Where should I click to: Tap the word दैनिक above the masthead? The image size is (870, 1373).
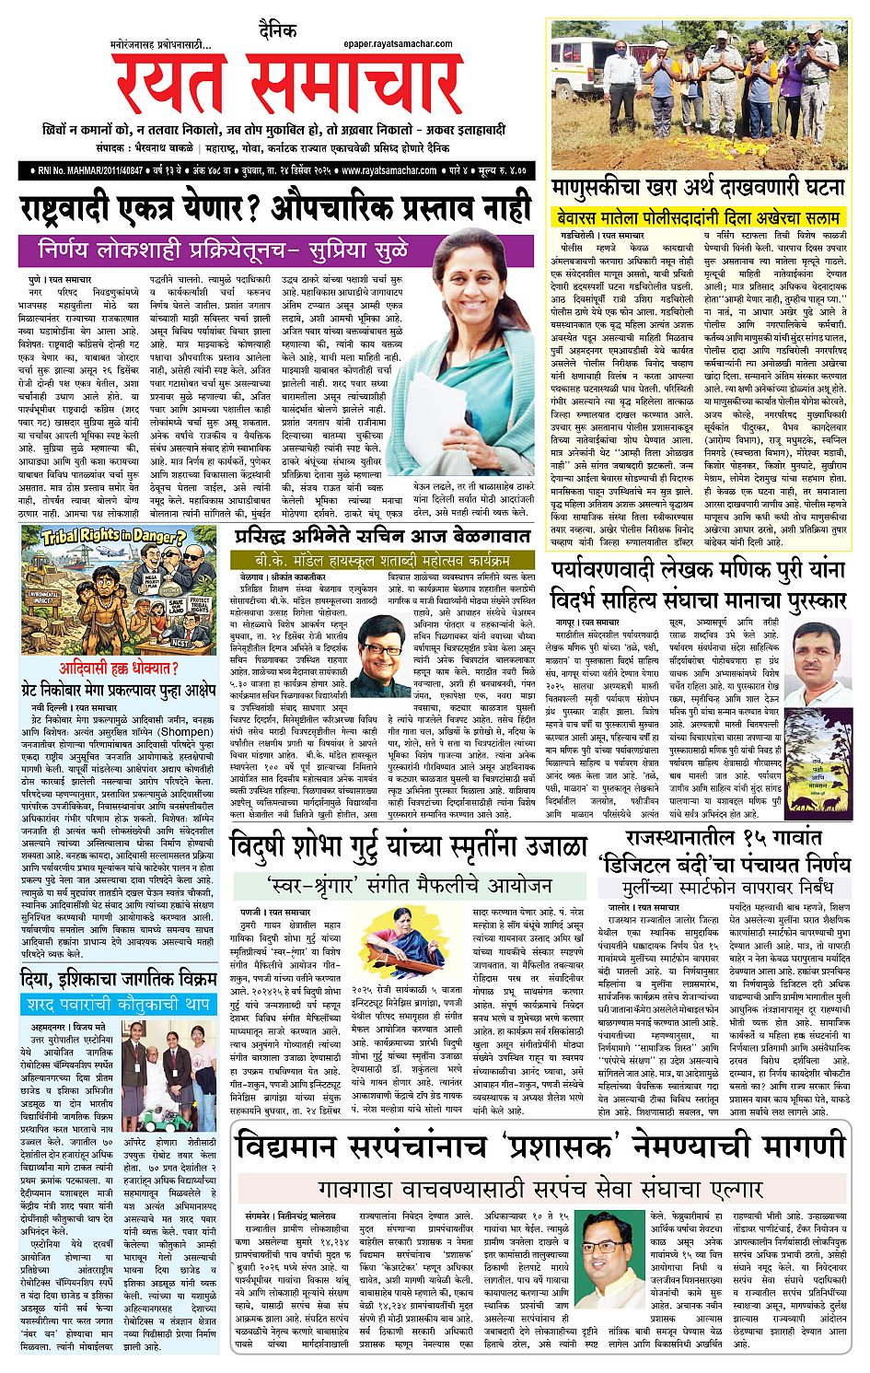point(278,31)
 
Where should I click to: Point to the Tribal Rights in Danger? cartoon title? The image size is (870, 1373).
point(114,536)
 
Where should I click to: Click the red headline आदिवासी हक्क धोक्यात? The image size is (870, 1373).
point(119,668)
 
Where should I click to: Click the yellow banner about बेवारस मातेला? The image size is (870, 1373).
point(698,217)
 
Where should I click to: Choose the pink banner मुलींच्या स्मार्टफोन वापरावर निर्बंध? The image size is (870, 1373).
point(726,889)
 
